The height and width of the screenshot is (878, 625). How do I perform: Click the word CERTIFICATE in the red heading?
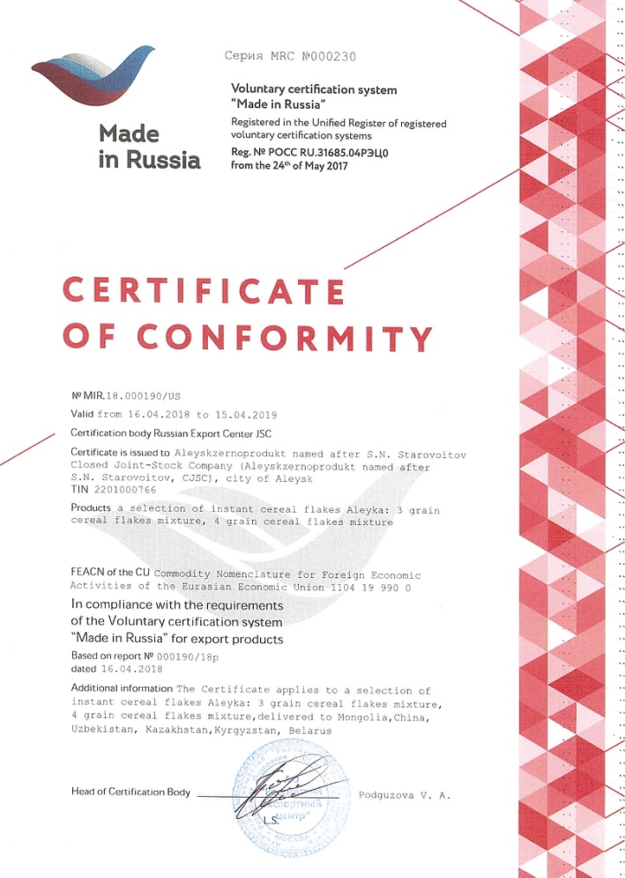point(204,291)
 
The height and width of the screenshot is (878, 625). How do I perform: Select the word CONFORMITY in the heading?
point(286,337)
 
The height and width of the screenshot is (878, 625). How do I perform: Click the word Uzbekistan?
point(100,732)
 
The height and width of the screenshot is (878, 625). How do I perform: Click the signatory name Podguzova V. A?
point(405,795)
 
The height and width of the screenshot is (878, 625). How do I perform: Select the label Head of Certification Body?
point(130,792)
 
